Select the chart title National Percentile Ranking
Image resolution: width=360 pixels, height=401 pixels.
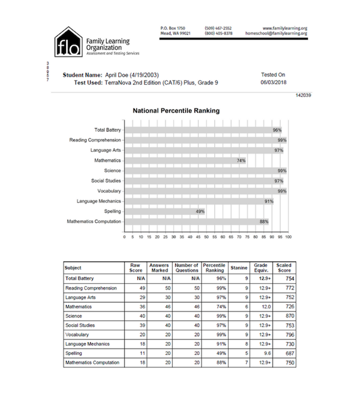tap(175, 111)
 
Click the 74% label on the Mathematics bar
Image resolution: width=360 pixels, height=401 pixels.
tap(241, 160)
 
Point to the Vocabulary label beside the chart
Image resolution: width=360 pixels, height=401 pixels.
tap(107, 191)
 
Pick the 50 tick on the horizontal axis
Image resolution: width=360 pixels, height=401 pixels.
tap(206, 237)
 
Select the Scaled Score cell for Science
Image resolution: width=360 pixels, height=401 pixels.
tap(281, 316)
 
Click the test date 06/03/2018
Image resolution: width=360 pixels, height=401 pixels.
tap(273, 83)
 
